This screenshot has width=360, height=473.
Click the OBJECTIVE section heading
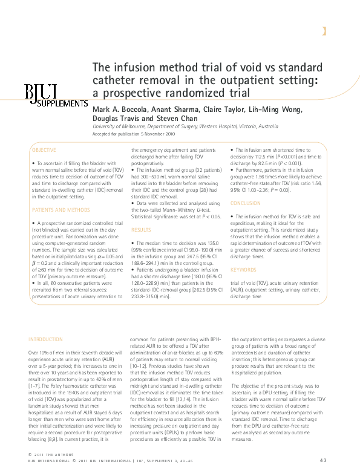[44, 150]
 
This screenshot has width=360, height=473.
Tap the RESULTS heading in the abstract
[141, 230]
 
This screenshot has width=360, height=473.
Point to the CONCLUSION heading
[246, 203]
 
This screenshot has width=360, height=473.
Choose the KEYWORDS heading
[243, 270]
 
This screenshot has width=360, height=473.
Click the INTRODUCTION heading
[45, 340]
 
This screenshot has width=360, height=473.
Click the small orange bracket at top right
[325, 31]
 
